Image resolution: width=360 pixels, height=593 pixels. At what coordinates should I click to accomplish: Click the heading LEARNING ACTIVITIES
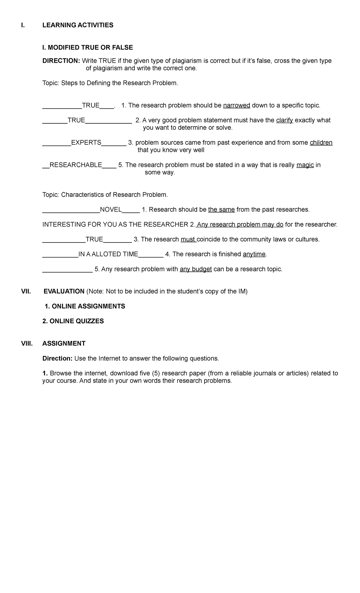pyautogui.click(x=78, y=25)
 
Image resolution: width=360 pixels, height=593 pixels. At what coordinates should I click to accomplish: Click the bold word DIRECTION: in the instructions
pyautogui.click(x=61, y=61)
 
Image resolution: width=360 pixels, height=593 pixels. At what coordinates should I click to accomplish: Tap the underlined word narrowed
pyautogui.click(x=237, y=105)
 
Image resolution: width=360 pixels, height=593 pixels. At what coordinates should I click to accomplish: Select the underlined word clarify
pyautogui.click(x=284, y=120)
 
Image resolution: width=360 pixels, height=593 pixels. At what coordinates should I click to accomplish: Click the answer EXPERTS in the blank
pyautogui.click(x=86, y=143)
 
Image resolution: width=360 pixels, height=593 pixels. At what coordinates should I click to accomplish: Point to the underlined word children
pyautogui.click(x=321, y=143)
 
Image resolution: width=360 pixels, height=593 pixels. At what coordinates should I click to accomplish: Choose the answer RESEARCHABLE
pyautogui.click(x=76, y=165)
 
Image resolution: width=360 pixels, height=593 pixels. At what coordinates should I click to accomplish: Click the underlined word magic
pyautogui.click(x=305, y=165)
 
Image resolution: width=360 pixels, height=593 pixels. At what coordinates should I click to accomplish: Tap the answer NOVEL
pyautogui.click(x=111, y=209)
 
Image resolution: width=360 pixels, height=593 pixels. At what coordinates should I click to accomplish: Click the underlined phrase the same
pyautogui.click(x=221, y=209)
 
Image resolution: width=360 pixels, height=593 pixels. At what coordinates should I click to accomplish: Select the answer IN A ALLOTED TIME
pyautogui.click(x=108, y=254)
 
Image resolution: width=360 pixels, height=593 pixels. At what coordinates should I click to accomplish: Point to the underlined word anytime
pyautogui.click(x=254, y=254)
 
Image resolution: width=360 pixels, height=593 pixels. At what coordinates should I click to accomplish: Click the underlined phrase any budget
pyautogui.click(x=196, y=269)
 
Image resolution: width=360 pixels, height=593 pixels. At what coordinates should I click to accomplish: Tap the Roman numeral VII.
pyautogui.click(x=26, y=291)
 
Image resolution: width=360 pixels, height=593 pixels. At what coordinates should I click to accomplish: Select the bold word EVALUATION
pyautogui.click(x=64, y=291)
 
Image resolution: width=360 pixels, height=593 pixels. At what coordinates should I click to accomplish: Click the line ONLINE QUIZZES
pyautogui.click(x=73, y=321)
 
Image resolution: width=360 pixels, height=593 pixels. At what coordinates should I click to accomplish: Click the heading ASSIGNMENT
pyautogui.click(x=64, y=344)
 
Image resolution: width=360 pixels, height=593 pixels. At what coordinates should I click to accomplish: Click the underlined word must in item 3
pyautogui.click(x=188, y=239)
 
